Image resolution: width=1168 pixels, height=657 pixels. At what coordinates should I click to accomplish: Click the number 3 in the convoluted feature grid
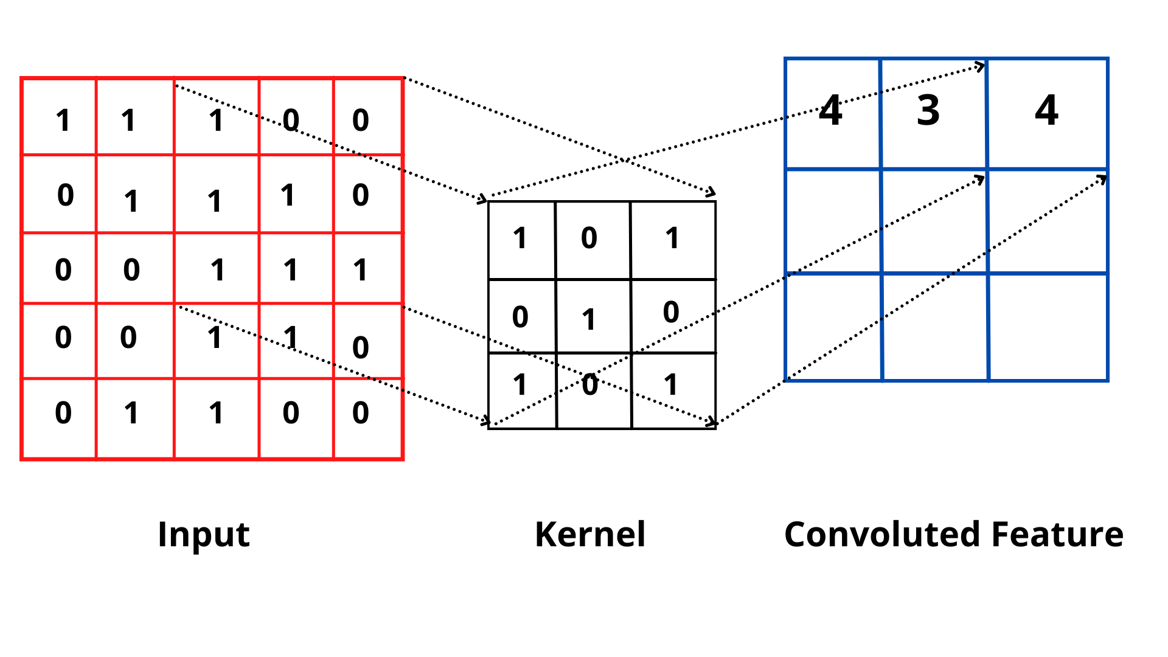pyautogui.click(x=928, y=111)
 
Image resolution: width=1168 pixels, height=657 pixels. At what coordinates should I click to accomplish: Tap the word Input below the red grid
pyautogui.click(x=203, y=535)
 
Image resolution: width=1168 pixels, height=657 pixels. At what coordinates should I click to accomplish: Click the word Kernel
pyautogui.click(x=589, y=535)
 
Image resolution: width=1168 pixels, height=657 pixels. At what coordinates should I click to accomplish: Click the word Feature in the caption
pyautogui.click(x=1057, y=535)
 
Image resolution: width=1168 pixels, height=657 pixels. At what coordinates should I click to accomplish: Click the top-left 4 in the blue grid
pyautogui.click(x=830, y=111)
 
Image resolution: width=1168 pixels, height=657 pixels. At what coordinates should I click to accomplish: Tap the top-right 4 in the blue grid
pyautogui.click(x=1046, y=111)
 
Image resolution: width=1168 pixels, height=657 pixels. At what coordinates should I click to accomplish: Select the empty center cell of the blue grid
pyautogui.click(x=934, y=221)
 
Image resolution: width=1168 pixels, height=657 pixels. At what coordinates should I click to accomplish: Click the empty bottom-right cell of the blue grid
pyautogui.click(x=1048, y=327)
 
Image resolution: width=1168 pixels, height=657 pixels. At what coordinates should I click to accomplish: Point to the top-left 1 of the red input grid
pyautogui.click(x=63, y=120)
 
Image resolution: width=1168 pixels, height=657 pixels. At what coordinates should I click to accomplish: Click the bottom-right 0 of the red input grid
pyautogui.click(x=361, y=413)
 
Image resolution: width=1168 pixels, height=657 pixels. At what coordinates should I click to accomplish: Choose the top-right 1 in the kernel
pyautogui.click(x=672, y=238)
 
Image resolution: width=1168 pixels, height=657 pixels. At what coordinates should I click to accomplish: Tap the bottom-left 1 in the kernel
pyautogui.click(x=520, y=384)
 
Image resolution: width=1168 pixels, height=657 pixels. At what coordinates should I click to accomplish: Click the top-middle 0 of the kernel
pyautogui.click(x=589, y=238)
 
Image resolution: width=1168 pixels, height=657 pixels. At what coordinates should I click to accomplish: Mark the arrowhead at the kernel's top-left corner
pyautogui.click(x=483, y=198)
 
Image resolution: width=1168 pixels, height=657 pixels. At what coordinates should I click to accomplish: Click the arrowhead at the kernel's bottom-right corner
pyautogui.click(x=712, y=422)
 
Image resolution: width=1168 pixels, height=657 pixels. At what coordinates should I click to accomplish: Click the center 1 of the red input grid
pyautogui.click(x=218, y=270)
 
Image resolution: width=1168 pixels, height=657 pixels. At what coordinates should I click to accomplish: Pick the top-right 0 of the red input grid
pyautogui.click(x=361, y=120)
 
